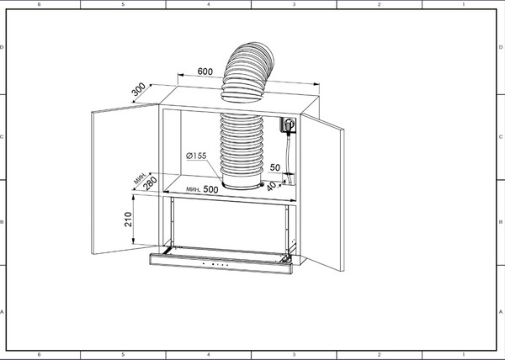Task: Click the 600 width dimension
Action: point(205,71)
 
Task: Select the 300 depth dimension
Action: point(139,89)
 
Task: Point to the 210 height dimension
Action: point(125,220)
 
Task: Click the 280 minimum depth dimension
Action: point(150,183)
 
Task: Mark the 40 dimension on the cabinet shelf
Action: point(272,187)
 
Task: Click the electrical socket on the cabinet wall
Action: point(290,126)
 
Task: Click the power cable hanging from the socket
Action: point(289,156)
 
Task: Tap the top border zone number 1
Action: point(464,4)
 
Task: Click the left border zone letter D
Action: point(3,48)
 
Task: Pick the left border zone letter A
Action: point(3,312)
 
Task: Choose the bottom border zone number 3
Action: point(293,356)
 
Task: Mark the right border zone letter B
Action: point(501,223)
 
